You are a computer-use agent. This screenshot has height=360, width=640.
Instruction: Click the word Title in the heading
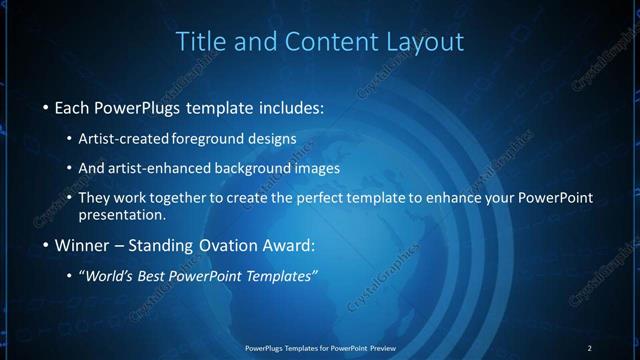pyautogui.click(x=199, y=42)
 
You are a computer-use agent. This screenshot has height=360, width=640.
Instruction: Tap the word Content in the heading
pyautogui.click(x=323, y=42)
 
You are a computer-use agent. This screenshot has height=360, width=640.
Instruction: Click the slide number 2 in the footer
pyautogui.click(x=589, y=347)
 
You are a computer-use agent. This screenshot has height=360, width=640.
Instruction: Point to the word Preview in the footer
pyautogui.click(x=379, y=347)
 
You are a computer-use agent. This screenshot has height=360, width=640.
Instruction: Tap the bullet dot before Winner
pyautogui.click(x=45, y=245)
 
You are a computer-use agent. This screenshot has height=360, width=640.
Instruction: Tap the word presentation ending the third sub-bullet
pyautogui.click(x=121, y=215)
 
